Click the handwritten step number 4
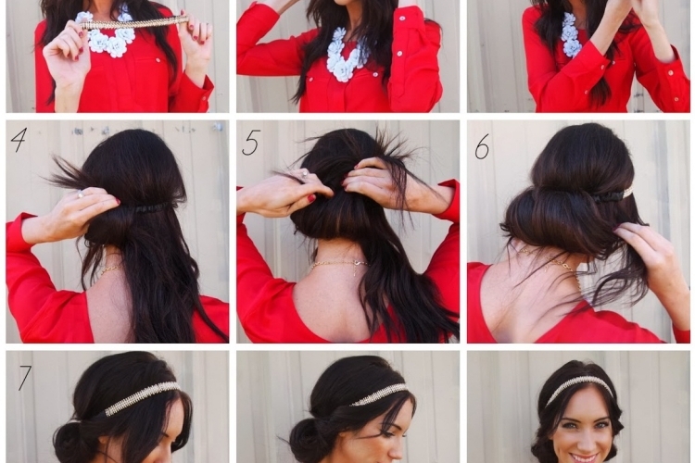(19, 140)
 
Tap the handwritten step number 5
(250, 143)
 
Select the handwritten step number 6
(482, 146)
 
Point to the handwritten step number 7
(24, 377)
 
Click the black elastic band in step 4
(148, 207)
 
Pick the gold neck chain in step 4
(109, 269)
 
